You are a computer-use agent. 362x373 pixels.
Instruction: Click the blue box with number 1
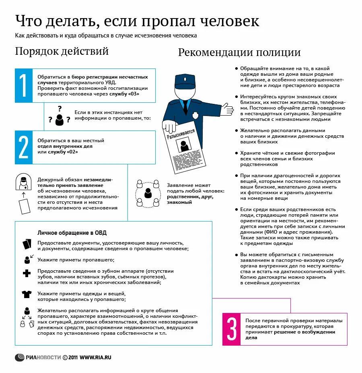click(23, 85)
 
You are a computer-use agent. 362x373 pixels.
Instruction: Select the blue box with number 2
click(23, 147)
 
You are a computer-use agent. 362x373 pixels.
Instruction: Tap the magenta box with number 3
click(231, 329)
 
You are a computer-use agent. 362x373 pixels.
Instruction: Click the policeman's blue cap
click(184, 81)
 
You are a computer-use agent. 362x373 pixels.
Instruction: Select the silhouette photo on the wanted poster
click(185, 145)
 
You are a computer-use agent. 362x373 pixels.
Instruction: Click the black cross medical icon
click(27, 274)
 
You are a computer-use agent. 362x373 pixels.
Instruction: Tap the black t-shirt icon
click(27, 294)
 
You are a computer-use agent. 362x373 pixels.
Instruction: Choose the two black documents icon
click(27, 244)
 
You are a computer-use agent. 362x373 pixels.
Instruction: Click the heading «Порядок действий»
click(62, 52)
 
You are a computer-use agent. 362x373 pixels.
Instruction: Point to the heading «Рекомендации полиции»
click(239, 53)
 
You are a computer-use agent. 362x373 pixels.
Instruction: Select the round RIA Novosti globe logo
click(20, 357)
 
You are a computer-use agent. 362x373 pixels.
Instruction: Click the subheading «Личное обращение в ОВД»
click(72, 233)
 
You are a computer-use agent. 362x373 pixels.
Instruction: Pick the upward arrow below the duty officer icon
click(23, 195)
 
